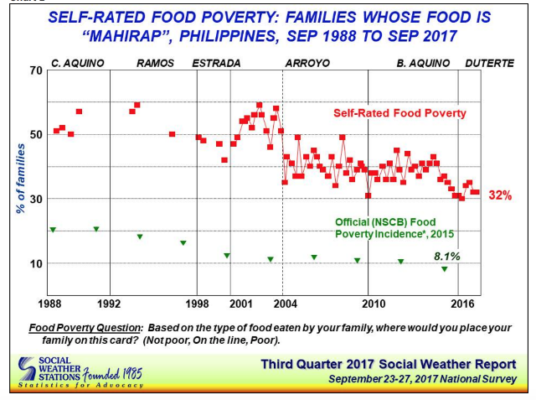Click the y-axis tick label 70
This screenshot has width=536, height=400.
point(35,70)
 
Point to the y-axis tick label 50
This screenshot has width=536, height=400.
point(35,134)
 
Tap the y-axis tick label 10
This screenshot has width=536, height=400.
point(35,263)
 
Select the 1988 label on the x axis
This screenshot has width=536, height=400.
point(49,300)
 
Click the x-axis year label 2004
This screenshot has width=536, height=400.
point(283,300)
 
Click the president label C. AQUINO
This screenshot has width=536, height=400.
point(76,63)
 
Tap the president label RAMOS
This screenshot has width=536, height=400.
point(152,63)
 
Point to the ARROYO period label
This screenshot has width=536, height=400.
point(307,63)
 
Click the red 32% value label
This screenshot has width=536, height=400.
point(501,195)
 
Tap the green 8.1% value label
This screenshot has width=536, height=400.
point(446,256)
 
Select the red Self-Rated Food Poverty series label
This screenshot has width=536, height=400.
point(399,113)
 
